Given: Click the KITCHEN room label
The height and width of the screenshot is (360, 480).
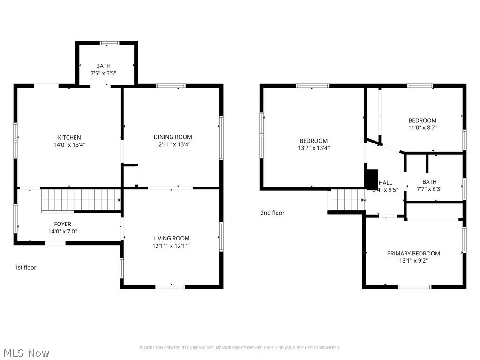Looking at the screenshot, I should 69,137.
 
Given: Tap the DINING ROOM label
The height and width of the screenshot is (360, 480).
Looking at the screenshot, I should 173,137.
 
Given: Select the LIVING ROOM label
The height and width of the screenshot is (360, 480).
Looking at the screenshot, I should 171,238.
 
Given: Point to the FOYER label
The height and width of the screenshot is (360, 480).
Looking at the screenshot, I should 62,224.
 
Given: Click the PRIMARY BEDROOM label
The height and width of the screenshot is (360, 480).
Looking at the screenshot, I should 413,253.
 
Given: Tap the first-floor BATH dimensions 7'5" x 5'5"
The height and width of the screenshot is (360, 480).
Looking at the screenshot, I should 103,74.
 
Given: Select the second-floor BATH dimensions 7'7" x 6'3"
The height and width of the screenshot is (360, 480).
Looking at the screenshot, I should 429,189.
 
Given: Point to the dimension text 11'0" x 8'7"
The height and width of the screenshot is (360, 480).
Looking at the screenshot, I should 422,127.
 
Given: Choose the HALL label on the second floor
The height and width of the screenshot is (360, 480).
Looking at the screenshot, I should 386,183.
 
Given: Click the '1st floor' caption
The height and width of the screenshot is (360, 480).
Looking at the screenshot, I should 25,267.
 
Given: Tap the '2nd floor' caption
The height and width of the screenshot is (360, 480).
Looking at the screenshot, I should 272,213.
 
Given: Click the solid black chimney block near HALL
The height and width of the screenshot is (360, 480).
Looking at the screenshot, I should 371,178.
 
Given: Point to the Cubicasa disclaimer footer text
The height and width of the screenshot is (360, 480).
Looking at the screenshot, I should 240,348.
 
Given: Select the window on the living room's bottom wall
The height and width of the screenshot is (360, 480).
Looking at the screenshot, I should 170,286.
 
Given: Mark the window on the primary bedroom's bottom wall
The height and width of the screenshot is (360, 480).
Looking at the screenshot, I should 414,286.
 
